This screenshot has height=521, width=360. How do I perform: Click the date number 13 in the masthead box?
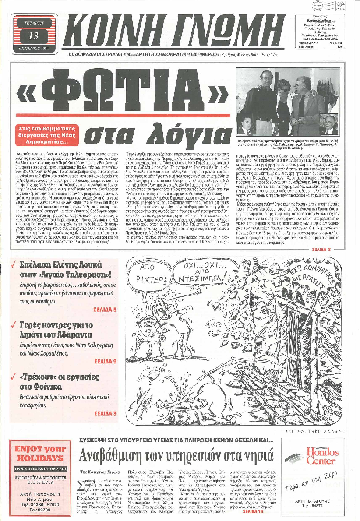tap(33, 34)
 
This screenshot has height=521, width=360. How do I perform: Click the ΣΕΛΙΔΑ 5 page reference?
tap(106, 310)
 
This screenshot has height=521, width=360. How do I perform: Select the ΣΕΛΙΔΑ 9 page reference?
tap(106, 362)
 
